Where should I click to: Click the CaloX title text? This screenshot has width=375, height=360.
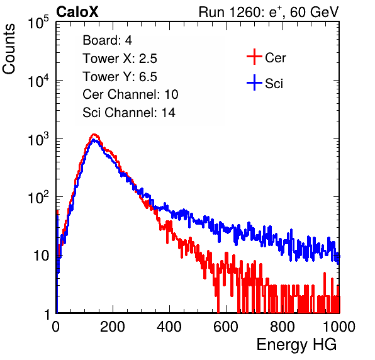(77, 12)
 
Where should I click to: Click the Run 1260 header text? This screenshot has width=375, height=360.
(269, 12)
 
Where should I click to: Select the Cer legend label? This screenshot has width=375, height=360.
(275, 58)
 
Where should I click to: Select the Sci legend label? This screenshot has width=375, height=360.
(274, 84)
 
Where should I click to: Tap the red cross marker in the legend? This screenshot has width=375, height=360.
(254, 57)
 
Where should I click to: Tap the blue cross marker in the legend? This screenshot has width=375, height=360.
(254, 82)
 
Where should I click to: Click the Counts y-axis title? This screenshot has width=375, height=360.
(9, 48)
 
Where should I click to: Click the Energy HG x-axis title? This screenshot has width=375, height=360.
(296, 345)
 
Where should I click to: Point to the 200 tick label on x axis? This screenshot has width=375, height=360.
(113, 326)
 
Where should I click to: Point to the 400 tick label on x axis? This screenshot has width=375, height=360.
(169, 326)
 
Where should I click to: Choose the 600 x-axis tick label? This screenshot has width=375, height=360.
(226, 326)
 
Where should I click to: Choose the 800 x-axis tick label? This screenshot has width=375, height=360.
(283, 326)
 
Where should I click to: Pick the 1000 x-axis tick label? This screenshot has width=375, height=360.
(339, 326)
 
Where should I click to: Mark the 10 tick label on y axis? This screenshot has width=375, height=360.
(42, 256)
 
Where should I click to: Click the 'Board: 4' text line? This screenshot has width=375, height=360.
(107, 40)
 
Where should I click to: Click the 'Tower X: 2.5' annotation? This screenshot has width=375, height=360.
(120, 59)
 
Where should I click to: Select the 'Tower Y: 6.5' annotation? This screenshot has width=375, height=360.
(120, 77)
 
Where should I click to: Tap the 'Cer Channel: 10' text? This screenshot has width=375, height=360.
(130, 94)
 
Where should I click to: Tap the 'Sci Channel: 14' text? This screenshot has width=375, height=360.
(129, 113)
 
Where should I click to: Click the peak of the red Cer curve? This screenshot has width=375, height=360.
(94, 135)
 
